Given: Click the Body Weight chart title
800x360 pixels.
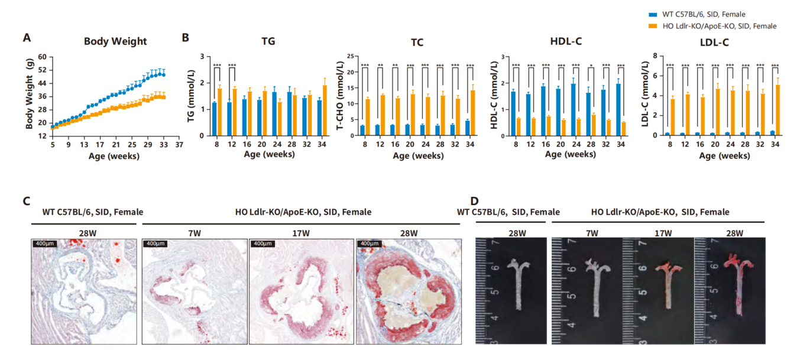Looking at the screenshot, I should tap(115, 41).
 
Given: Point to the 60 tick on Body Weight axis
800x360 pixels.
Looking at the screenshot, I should tap(42, 57).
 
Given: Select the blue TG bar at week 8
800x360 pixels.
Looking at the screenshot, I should tap(214, 119).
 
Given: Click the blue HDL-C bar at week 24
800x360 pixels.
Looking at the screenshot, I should tap(573, 110).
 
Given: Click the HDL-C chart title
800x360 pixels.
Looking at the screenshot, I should tap(566, 42).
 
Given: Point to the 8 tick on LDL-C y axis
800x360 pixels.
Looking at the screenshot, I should tap(656, 57).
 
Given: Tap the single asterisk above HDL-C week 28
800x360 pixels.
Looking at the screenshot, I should tap(591, 66).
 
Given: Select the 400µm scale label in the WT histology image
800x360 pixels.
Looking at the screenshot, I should tap(44, 244).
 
